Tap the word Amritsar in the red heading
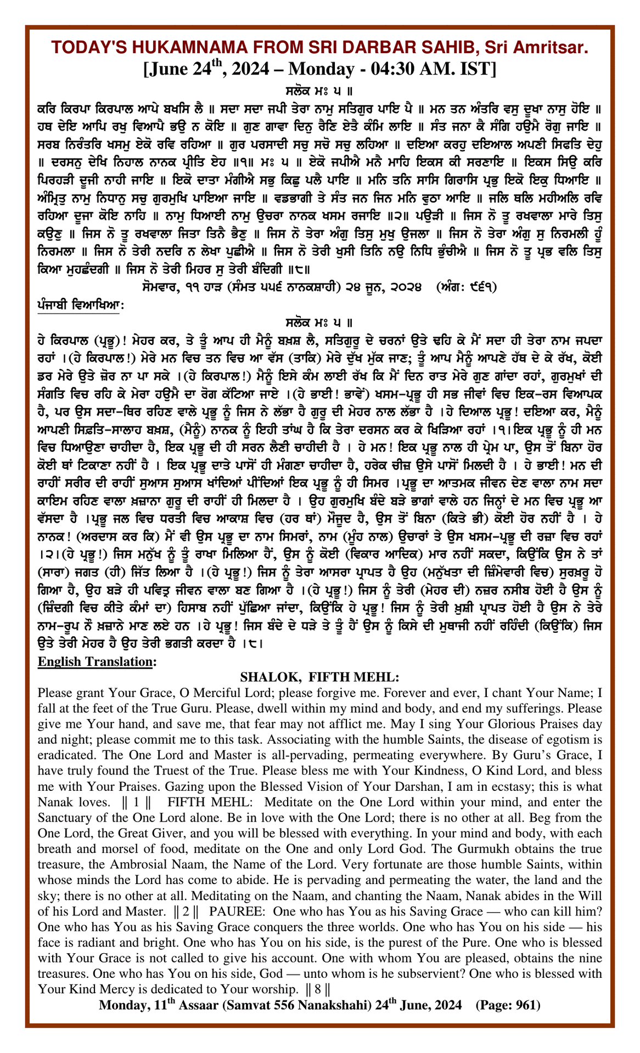(x=552, y=48)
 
